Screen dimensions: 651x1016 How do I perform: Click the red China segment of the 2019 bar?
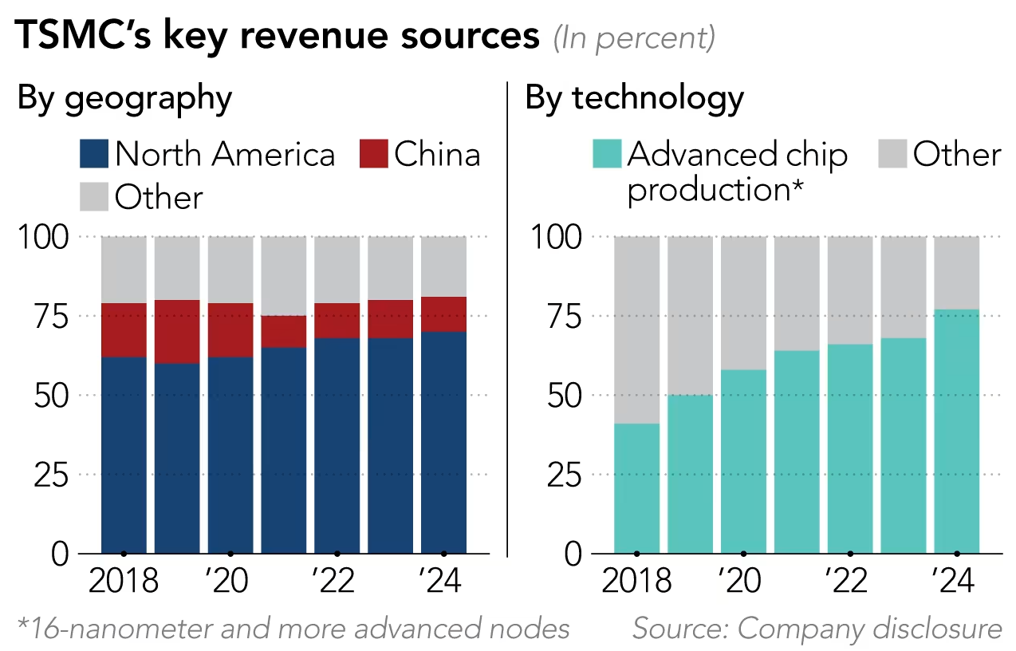177,332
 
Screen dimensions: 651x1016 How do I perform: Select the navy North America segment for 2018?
124,455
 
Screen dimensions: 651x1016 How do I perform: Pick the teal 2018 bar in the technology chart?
636,488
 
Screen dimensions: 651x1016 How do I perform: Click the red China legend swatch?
373,154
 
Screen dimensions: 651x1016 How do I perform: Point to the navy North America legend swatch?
94,154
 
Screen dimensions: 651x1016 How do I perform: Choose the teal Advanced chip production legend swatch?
607,154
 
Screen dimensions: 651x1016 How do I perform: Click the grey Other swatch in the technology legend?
891,154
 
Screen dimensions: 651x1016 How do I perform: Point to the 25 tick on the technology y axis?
565,475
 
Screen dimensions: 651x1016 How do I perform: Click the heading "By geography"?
124,98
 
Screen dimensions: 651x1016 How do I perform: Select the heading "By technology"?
634,98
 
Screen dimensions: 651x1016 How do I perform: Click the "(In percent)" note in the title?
634,38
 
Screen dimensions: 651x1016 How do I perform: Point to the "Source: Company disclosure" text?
817,629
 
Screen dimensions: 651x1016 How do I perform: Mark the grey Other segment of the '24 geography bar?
443,266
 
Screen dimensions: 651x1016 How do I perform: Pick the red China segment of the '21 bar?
283,331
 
